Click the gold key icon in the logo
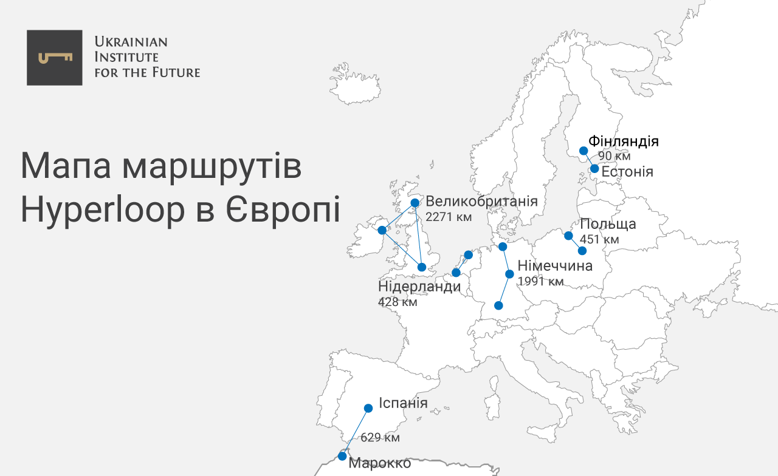[55, 58]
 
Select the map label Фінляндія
[624, 142]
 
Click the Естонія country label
[627, 172]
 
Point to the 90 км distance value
[614, 156]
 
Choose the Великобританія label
[481, 202]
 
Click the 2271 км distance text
[449, 217]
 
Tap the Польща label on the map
[608, 224]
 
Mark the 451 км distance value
[599, 239]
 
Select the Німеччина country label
[555, 266]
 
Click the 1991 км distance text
[540, 282]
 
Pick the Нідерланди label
[419, 287]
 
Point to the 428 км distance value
[398, 302]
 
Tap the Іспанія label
[403, 403]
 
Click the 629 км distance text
[380, 437]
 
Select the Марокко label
[380, 463]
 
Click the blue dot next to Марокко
[343, 456]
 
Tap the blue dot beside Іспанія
[368, 408]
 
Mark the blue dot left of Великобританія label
[415, 203]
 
